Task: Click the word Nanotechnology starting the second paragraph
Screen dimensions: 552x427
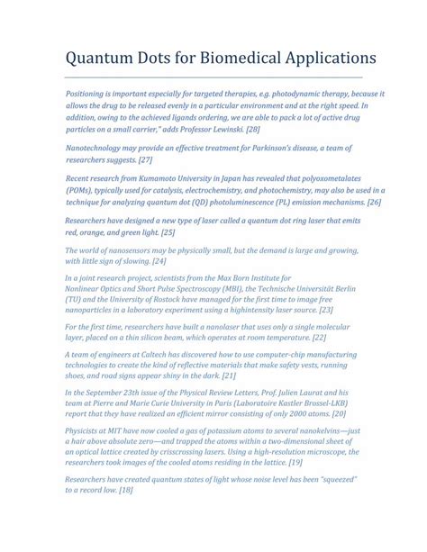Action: click(104, 147)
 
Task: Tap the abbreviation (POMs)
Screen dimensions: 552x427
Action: click(84, 190)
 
